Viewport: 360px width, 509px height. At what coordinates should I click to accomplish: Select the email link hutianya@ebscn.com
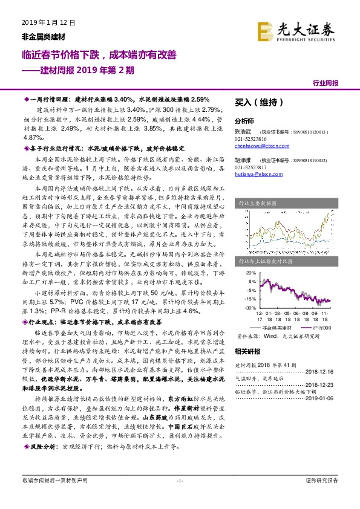point(257,174)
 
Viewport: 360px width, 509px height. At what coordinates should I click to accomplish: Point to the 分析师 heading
point(245,120)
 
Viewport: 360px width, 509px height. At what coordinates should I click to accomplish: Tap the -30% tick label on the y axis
point(247,308)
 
